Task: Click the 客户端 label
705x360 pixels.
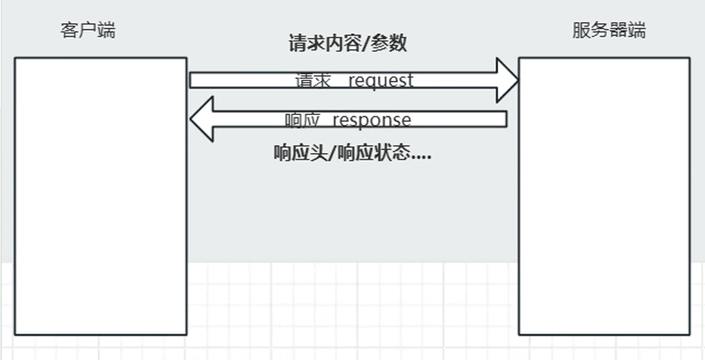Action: tap(88, 31)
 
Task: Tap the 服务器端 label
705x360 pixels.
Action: tap(609, 31)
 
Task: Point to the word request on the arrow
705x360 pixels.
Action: tap(381, 80)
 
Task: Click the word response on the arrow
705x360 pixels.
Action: tap(371, 120)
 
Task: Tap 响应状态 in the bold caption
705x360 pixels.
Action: tap(374, 154)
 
